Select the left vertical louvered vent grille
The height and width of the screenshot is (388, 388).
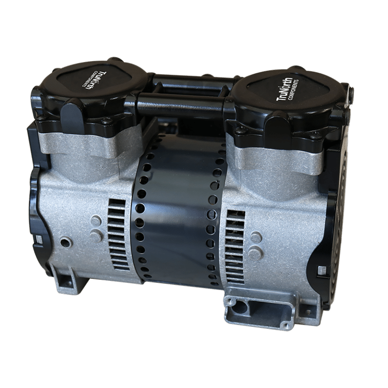pyautogui.click(x=118, y=234)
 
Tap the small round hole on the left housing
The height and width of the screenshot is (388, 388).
pyautogui.click(x=65, y=242)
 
